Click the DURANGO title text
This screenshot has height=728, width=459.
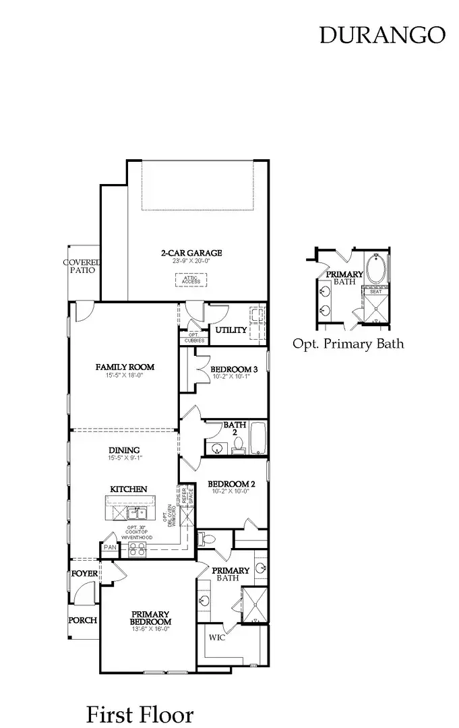tap(382, 35)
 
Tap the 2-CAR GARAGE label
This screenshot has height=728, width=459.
tap(191, 253)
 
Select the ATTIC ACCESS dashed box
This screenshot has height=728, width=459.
tap(191, 279)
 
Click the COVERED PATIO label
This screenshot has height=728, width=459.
tap(82, 266)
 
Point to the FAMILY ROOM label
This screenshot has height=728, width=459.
tap(125, 367)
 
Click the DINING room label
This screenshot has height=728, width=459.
tap(125, 450)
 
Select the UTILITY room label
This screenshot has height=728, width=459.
tap(231, 330)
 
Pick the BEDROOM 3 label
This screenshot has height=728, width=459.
tap(234, 369)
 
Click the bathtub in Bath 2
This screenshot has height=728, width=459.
tap(259, 438)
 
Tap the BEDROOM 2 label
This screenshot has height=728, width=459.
tap(231, 484)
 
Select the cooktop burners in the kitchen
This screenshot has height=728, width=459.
tap(137, 549)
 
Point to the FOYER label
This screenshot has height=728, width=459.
tap(84, 574)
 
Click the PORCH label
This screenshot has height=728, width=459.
tap(84, 620)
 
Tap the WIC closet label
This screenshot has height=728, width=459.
tap(217, 638)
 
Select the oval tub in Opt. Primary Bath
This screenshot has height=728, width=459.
tap(377, 268)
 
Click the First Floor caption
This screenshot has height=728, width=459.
tap(140, 714)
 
